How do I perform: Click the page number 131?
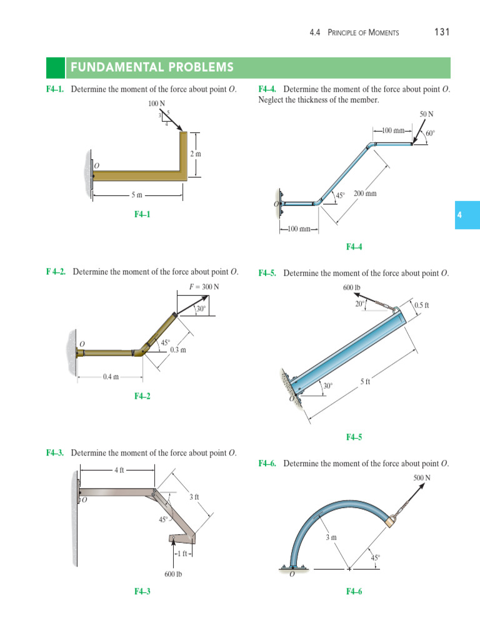pos(442,32)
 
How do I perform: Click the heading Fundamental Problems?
pos(152,67)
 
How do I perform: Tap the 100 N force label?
pos(157,102)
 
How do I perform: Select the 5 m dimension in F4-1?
pos(137,195)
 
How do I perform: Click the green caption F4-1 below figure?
pos(142,214)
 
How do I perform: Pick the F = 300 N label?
pos(204,287)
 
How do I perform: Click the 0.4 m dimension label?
pos(111,377)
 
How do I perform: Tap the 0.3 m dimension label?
pos(178,350)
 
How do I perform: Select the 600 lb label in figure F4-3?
pos(173,574)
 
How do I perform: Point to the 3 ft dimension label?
pos(194,497)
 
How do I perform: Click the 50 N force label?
pos(427,114)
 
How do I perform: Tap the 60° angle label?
pos(430,134)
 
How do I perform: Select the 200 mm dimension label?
pos(365,194)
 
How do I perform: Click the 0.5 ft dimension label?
pos(422,305)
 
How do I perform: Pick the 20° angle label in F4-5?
pos(359,303)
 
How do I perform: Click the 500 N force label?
pos(422,478)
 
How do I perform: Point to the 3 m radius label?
pos(331,537)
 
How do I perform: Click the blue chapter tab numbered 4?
pos(459,215)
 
